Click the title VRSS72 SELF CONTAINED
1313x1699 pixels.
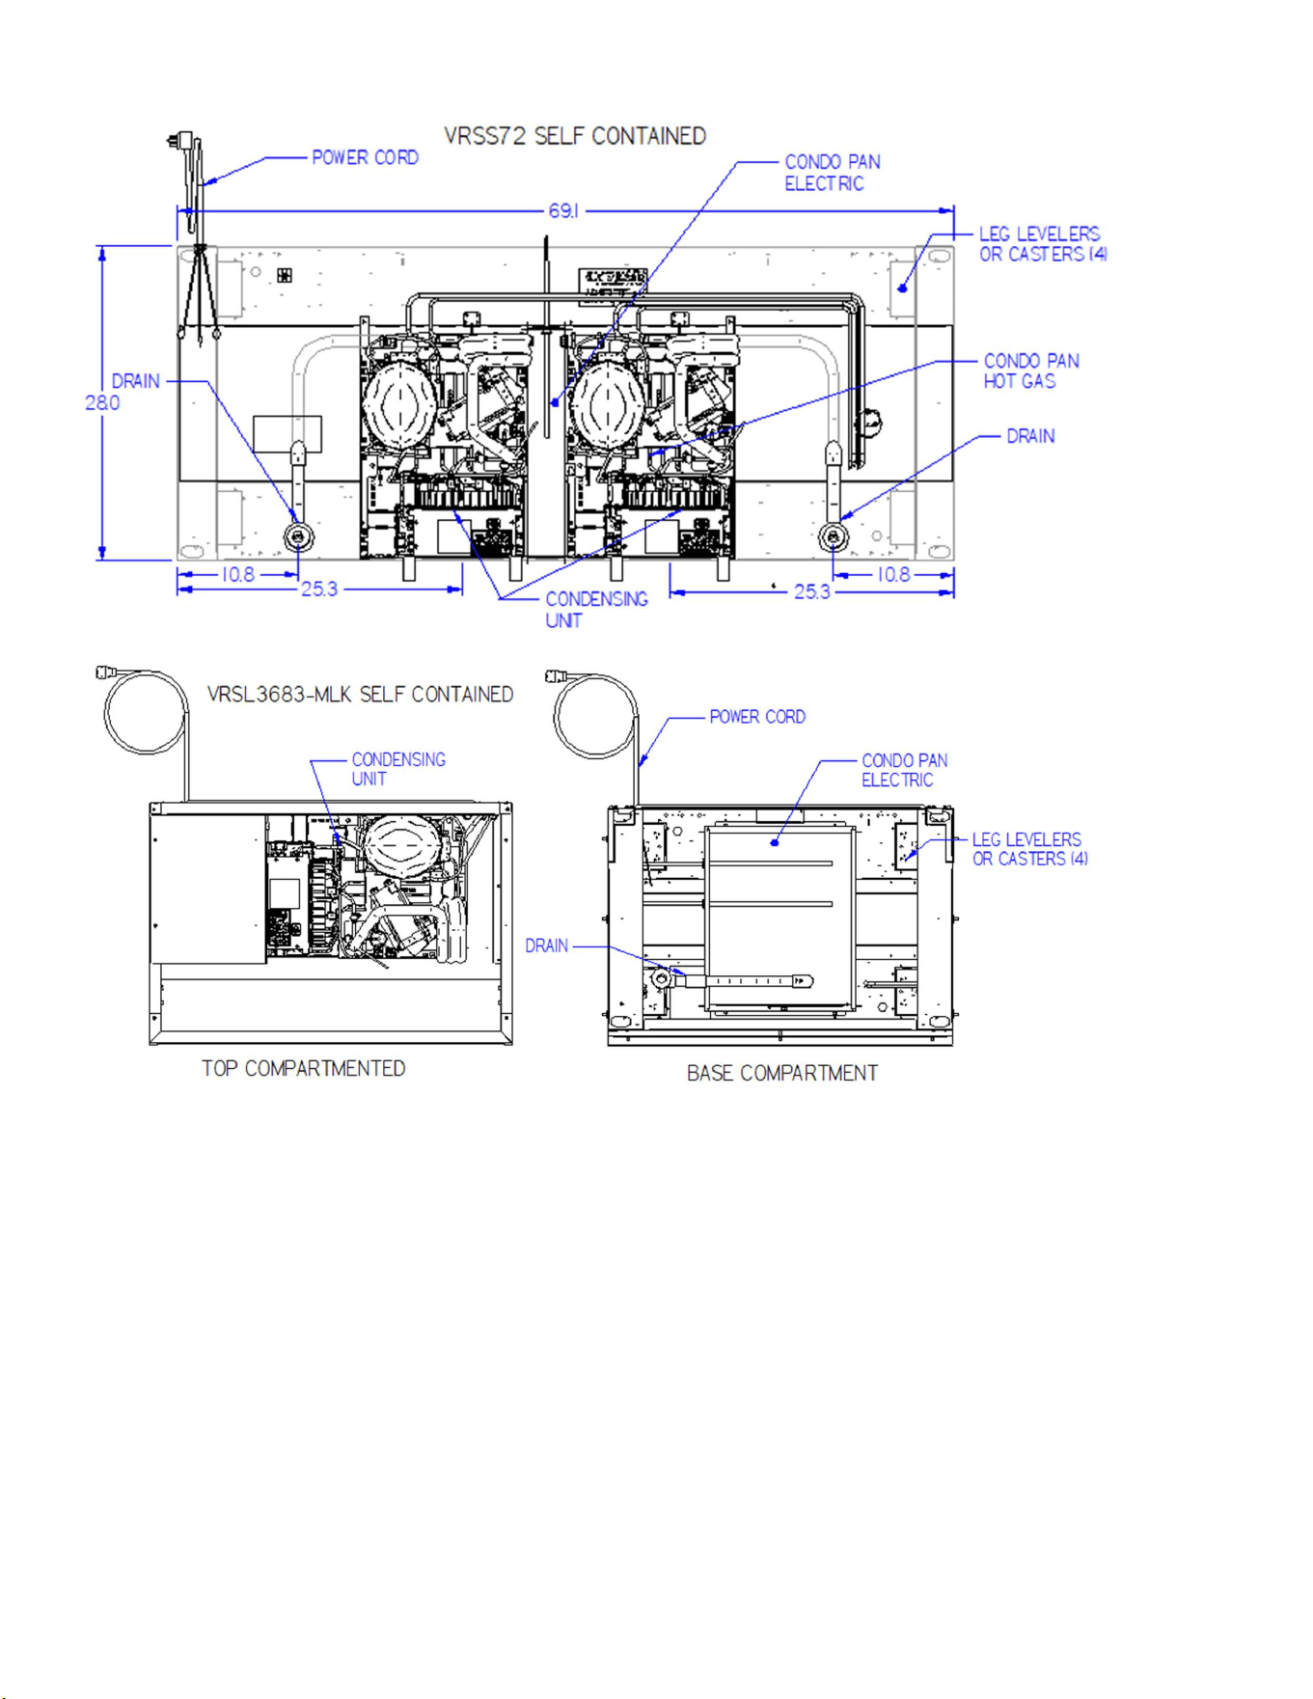click(x=575, y=136)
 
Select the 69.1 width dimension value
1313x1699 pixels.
click(x=563, y=210)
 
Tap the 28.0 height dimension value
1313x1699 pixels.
click(x=102, y=402)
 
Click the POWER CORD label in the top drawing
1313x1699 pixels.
click(x=365, y=157)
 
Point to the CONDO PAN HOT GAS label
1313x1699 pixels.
click(x=1031, y=370)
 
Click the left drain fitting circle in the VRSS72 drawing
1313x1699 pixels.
click(x=298, y=536)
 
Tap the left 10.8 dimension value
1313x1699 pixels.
click(x=238, y=575)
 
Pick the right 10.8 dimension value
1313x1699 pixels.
click(x=893, y=575)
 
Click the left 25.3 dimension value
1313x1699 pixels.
click(x=319, y=589)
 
